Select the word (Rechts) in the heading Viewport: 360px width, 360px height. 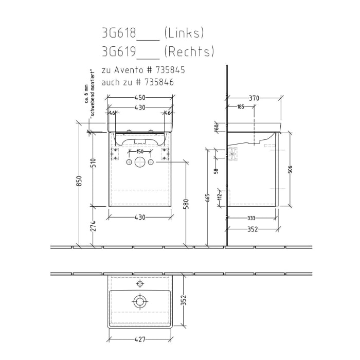(189, 52)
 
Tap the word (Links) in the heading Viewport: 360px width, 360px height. (184, 34)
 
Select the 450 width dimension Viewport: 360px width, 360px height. (140, 98)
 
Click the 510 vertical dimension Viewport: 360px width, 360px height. (94, 163)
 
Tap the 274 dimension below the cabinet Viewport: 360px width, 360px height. (94, 225)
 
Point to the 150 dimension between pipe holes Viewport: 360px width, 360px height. (140, 152)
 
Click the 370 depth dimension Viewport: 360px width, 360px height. (254, 98)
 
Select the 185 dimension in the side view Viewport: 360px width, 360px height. (240, 107)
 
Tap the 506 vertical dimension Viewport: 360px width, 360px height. (291, 170)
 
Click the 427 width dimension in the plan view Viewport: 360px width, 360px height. (140, 339)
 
